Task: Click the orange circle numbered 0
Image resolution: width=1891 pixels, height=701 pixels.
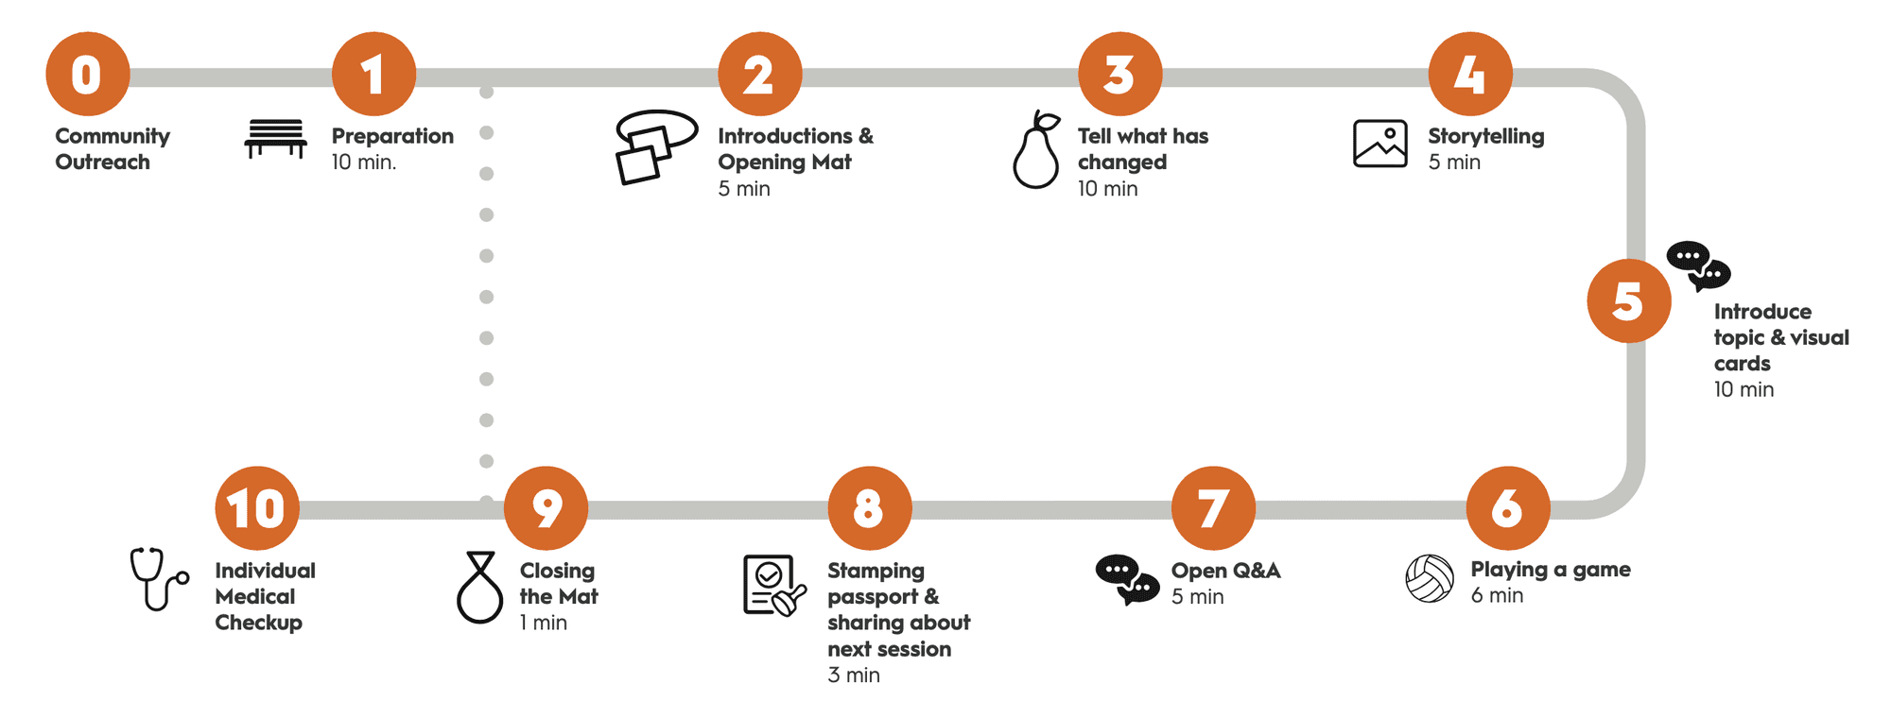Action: pos(87,75)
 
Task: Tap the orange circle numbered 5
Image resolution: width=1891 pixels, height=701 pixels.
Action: pos(1628,300)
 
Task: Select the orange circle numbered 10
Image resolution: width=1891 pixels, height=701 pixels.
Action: pos(257,508)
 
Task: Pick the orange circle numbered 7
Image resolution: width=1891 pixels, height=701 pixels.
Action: pos(1213,508)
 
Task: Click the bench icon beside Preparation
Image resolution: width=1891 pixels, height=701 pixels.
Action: pos(275,139)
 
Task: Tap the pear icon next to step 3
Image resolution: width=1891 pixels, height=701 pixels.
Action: pos(1036,150)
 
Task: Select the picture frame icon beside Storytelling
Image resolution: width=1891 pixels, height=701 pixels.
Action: pos(1379,144)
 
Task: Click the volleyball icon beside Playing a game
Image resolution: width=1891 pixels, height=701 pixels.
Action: pos(1430,578)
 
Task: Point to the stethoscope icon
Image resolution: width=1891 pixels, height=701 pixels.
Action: pos(158,578)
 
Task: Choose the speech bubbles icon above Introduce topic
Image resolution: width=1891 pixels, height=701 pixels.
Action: pos(1698,265)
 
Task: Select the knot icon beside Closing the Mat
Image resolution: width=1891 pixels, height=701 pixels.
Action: pos(480,588)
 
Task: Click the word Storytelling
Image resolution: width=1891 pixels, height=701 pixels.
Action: pos(1485,136)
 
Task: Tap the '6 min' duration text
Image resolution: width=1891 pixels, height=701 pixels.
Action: pos(1497,595)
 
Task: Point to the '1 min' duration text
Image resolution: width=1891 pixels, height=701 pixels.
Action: pos(543,623)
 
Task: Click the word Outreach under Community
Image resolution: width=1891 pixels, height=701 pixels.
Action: pos(102,162)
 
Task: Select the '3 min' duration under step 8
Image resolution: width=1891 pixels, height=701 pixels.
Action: pos(853,675)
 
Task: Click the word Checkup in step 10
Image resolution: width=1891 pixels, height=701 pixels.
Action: pos(258,623)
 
